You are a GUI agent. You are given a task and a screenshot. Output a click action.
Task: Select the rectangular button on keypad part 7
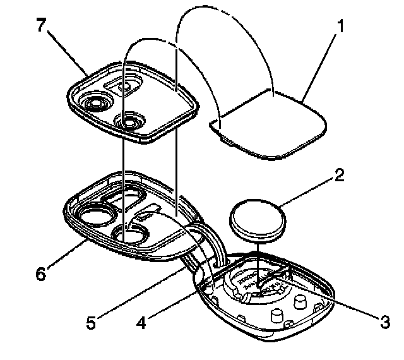tap(124, 83)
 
